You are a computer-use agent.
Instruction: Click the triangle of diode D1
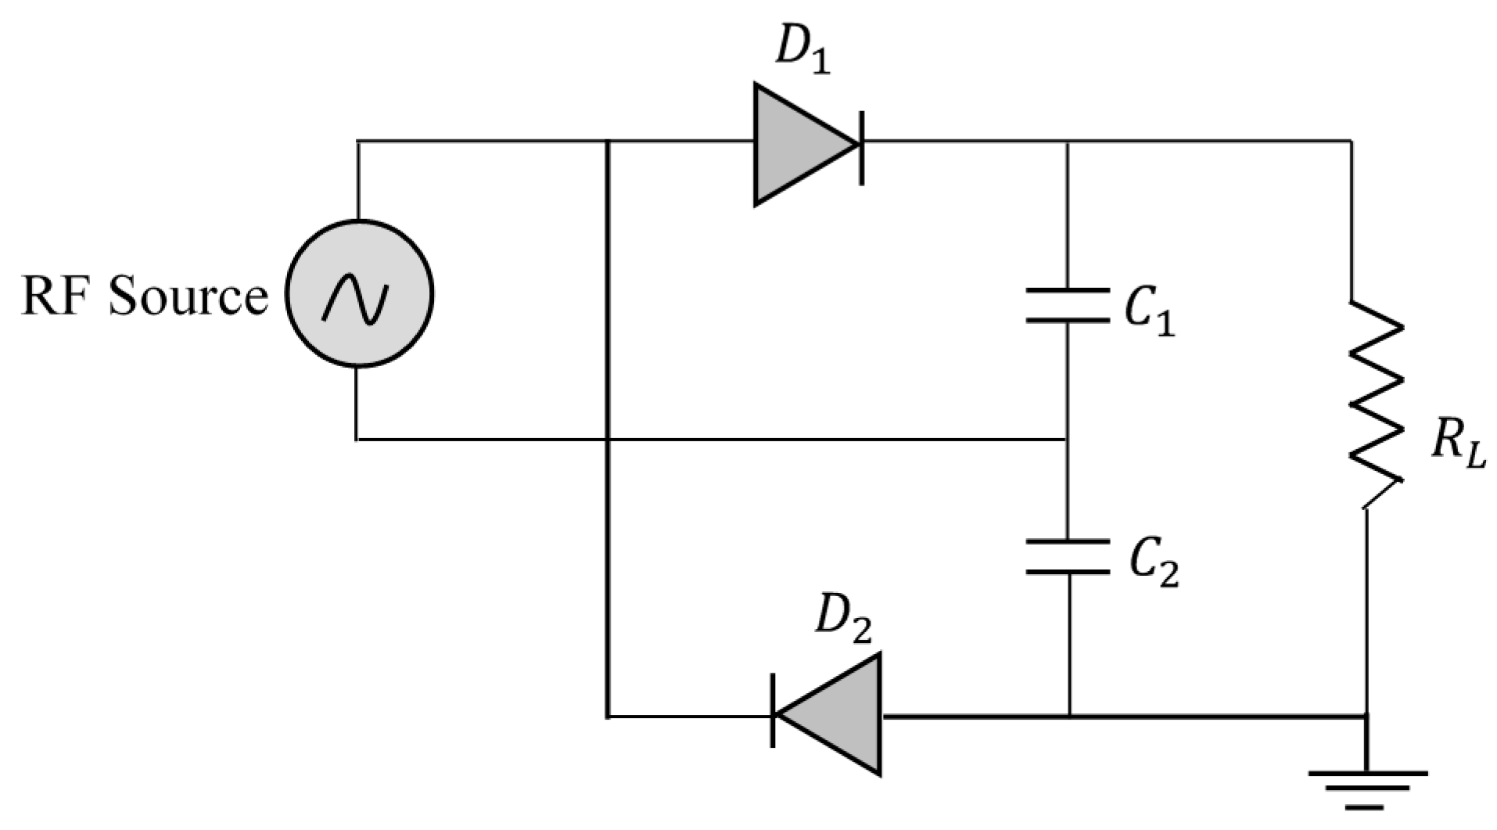point(798,144)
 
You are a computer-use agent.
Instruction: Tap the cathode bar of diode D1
point(861,144)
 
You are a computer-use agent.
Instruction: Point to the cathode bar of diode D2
point(774,715)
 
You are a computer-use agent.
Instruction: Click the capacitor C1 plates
point(1068,305)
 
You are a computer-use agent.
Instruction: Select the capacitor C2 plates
point(1068,557)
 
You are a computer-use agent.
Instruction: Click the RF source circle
point(358,293)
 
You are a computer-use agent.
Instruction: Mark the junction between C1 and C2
point(1068,440)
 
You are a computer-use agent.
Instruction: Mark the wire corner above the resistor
point(1352,142)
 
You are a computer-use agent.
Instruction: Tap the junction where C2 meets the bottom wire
point(1068,715)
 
